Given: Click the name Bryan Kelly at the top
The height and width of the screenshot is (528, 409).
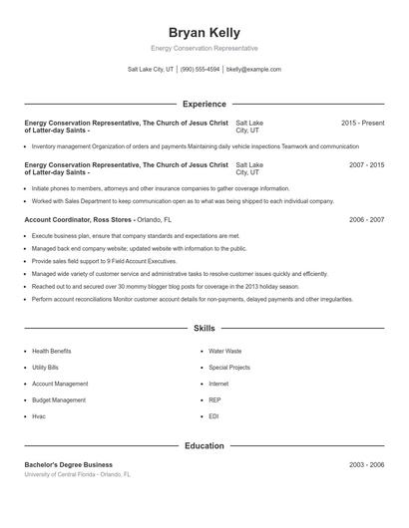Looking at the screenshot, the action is tap(204, 33).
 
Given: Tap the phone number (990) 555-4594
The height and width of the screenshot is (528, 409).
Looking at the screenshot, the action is tap(200, 70).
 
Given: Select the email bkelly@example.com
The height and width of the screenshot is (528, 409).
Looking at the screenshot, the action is tap(253, 70).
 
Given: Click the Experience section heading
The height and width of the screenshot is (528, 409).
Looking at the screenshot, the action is tap(204, 104).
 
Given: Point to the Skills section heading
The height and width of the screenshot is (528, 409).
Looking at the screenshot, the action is tap(204, 328).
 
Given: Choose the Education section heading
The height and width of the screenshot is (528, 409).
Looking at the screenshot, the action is tap(204, 445).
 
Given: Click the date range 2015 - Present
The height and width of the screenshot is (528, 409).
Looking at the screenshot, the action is tap(362, 123).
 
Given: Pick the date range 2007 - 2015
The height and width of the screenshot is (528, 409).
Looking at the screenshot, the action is tap(366, 164).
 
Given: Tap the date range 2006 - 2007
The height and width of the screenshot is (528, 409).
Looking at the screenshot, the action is tap(366, 219).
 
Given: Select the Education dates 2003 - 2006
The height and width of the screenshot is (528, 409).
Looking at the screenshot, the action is tap(366, 465).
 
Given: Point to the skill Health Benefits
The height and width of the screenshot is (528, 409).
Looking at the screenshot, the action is tap(52, 351).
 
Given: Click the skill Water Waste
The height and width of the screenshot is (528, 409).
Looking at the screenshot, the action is tap(224, 351).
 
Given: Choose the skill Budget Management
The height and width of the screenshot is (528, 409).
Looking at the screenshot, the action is tap(59, 399).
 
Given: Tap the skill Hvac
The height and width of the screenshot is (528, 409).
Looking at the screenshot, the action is tap(39, 415).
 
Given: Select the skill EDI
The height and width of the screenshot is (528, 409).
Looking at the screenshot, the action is tap(213, 415).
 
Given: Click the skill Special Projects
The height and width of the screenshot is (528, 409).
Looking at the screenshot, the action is tap(229, 367).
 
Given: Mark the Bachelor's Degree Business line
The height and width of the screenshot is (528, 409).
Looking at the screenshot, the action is tap(69, 465).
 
